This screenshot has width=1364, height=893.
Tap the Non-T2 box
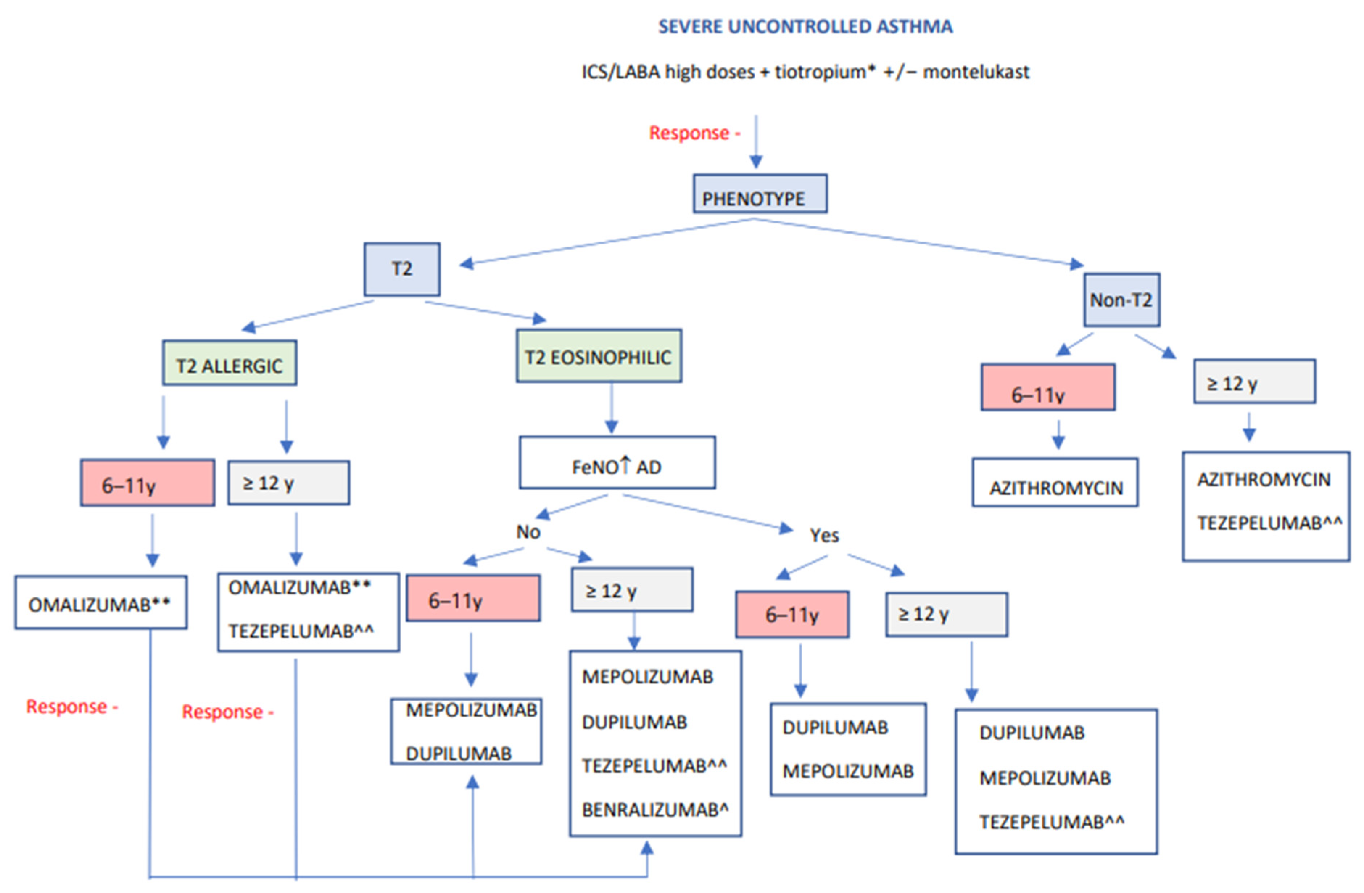(1121, 300)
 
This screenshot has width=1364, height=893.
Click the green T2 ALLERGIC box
(229, 363)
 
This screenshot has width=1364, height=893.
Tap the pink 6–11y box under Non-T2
(1047, 387)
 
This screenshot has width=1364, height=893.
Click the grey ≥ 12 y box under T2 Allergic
(288, 483)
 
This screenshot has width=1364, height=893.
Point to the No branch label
(528, 532)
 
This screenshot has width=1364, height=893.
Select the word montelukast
(976, 72)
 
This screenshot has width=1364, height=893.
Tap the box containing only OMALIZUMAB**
(100, 603)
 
